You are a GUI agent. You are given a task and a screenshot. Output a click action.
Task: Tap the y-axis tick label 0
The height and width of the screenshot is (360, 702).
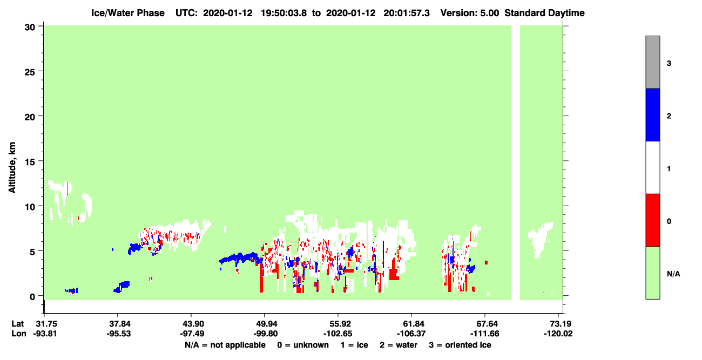[x=32, y=296]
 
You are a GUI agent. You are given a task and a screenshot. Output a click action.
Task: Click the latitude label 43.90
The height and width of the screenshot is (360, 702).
[x=191, y=323]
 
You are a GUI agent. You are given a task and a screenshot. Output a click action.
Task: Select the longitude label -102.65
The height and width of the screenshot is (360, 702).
[x=338, y=334]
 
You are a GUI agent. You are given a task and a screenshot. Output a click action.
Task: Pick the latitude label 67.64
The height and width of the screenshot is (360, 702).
[x=485, y=323]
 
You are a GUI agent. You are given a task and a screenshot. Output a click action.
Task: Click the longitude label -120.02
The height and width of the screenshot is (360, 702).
[x=558, y=334]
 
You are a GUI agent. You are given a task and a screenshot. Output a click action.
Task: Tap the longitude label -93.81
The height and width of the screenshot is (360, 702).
[x=45, y=334]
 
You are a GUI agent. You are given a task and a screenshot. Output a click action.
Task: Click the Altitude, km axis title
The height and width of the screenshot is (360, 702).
[x=12, y=167]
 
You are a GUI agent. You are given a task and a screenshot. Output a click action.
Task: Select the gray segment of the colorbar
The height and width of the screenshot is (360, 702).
[x=653, y=62]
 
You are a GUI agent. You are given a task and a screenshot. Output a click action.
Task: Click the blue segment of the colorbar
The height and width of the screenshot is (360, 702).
[x=653, y=114]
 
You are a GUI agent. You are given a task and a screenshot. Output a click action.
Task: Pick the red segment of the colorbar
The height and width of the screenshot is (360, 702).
[x=653, y=220]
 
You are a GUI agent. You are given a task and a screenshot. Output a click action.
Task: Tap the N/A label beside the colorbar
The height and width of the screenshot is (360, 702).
[x=673, y=274]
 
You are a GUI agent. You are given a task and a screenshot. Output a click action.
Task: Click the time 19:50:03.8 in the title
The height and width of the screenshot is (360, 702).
[x=283, y=13]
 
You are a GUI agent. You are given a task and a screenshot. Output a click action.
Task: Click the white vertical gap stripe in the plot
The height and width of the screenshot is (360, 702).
[x=516, y=162]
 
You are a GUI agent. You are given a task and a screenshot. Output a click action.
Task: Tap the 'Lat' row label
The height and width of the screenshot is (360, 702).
[x=17, y=323]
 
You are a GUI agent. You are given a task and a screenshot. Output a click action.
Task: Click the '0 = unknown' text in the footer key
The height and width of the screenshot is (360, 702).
[x=303, y=345]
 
